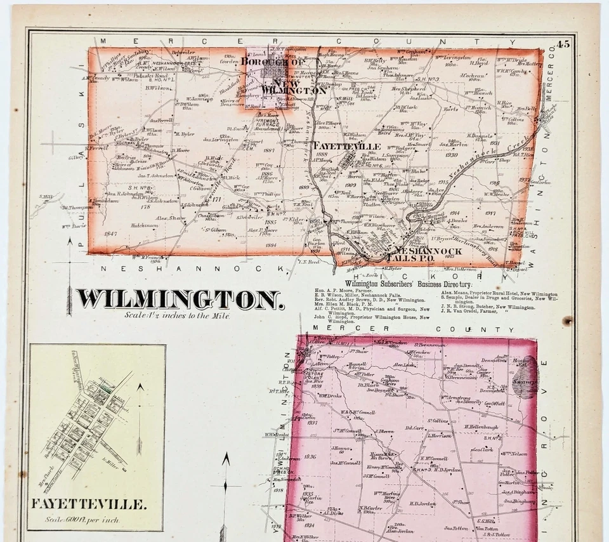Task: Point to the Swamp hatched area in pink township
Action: point(526,378)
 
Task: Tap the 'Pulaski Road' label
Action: point(155,74)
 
